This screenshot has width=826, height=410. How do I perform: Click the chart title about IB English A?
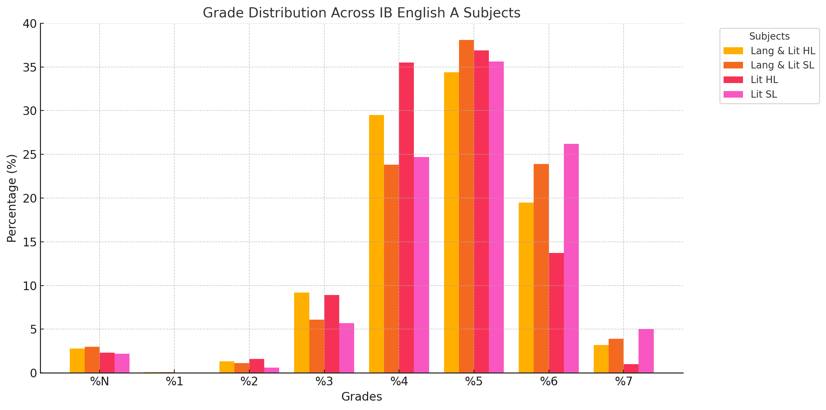361,13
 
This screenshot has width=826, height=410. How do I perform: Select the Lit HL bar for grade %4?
406,218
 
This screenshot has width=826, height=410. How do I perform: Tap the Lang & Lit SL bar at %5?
466,206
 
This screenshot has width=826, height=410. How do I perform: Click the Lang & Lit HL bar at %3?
302,333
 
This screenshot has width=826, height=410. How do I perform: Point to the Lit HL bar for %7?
631,368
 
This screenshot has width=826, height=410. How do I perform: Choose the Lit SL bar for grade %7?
646,351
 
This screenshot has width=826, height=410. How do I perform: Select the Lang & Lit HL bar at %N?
77,361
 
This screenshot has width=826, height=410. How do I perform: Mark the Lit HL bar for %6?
556,313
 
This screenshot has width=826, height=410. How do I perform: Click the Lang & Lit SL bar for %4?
391,269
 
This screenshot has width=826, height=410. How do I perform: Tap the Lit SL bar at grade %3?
347,348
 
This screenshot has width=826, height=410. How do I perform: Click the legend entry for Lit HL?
764,80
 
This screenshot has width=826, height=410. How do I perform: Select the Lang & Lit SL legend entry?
782,65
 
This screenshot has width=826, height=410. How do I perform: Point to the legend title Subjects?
769,36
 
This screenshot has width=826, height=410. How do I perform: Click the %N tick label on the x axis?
100,382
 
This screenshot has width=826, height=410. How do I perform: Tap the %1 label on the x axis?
174,382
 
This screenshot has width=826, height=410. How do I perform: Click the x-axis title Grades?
361,397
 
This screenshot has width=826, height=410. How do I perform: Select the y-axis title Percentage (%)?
12,198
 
